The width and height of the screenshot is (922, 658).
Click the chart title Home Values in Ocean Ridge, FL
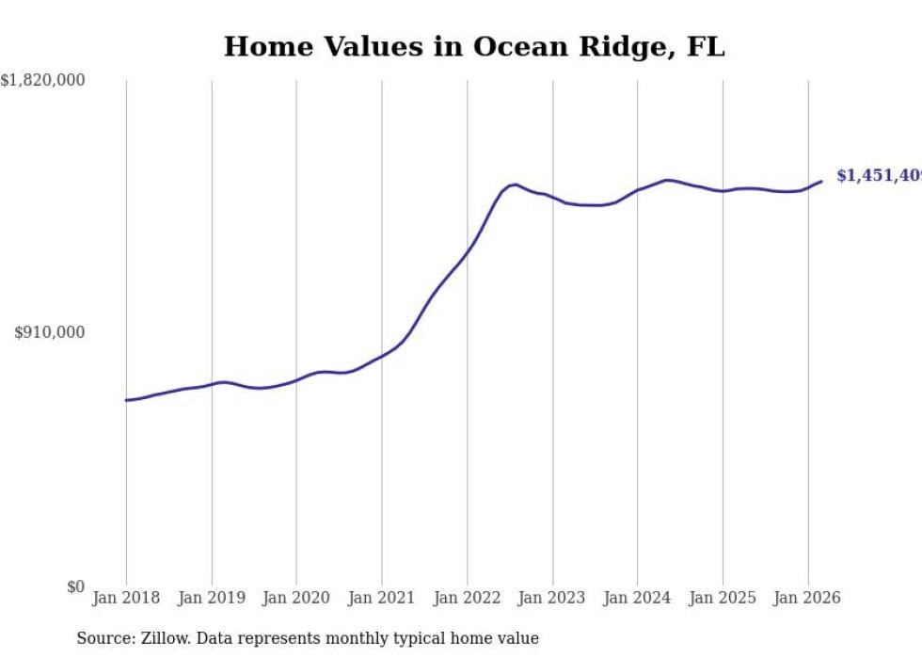tap(474, 46)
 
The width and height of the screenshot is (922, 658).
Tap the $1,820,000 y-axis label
tap(43, 81)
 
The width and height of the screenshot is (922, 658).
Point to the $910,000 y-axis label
tap(50, 332)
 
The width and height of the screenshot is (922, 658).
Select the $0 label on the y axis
tap(75, 586)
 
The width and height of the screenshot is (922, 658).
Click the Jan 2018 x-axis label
tap(126, 598)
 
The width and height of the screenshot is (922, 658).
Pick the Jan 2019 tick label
tap(212, 598)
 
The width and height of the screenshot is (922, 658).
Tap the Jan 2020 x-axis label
tap(296, 598)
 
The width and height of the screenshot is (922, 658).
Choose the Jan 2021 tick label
tap(382, 598)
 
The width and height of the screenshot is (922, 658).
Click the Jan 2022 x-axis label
tap(467, 598)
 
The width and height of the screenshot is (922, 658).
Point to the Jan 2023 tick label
tap(552, 598)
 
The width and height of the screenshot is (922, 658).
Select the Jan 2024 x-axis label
tap(637, 598)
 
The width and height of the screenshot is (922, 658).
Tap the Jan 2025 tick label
tap(723, 598)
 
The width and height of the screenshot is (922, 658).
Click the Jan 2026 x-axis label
tap(807, 598)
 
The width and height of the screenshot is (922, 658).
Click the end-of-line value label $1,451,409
tap(879, 176)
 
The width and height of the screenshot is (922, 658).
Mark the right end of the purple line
tap(821, 182)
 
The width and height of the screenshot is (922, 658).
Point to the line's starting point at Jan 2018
tap(126, 400)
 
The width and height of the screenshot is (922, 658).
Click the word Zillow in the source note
tap(152, 638)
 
